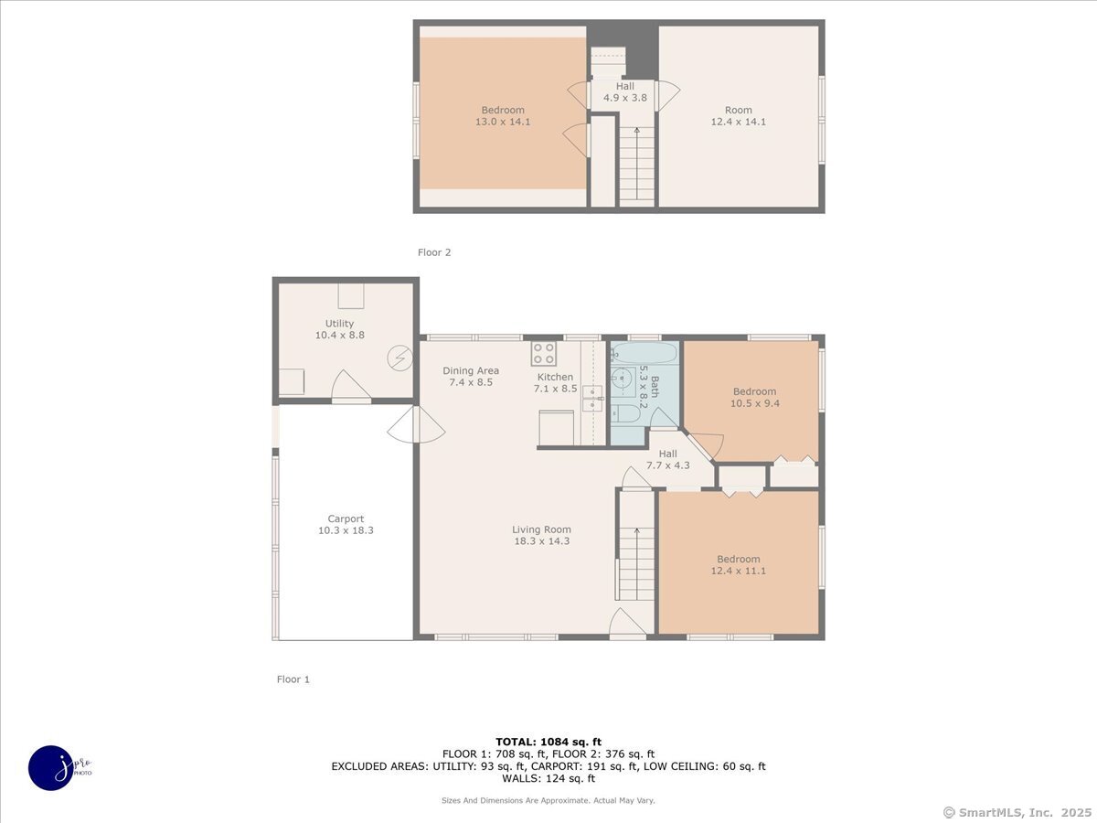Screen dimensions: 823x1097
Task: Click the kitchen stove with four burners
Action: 545,354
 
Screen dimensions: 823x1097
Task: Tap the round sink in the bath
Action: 623,376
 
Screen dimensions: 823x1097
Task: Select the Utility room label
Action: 339,324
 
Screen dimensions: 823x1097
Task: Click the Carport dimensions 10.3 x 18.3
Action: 346,530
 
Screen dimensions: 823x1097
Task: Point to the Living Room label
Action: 541,529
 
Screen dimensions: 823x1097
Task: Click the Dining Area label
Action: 471,370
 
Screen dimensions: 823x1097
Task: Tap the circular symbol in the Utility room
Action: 399,358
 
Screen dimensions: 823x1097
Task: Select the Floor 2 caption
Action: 434,252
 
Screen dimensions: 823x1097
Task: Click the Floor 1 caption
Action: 293,679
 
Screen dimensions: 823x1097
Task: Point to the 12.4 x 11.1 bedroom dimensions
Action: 738,571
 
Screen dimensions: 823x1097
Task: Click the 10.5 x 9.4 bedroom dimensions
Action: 754,403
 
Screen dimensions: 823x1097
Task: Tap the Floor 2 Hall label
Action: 624,87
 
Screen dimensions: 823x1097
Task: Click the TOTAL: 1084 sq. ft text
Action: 548,742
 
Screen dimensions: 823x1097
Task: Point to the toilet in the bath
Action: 628,413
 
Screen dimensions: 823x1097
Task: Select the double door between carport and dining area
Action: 415,425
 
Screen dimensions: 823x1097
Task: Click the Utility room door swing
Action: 350,387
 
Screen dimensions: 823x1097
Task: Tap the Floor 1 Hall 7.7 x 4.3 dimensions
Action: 668,465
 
